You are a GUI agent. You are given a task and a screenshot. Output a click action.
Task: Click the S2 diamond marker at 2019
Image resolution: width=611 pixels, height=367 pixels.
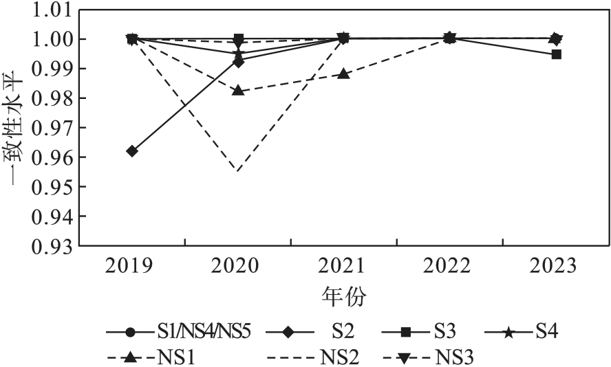tap(132, 151)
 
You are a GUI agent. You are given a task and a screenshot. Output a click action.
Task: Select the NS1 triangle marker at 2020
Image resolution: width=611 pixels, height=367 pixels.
tap(238, 91)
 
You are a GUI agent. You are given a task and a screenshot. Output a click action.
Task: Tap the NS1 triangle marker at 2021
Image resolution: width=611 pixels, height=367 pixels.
tap(344, 74)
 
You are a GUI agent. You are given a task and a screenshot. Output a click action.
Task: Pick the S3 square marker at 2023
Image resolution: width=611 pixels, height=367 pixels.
tap(556, 54)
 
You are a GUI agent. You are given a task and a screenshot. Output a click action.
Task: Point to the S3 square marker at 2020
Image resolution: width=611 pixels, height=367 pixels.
tap(238, 38)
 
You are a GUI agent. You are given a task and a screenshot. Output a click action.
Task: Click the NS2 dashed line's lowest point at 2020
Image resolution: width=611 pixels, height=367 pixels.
tap(238, 171)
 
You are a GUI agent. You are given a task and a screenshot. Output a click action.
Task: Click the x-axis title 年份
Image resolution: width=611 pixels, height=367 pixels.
tap(344, 298)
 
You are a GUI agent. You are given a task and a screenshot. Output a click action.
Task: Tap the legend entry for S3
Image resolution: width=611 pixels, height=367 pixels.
tap(447, 333)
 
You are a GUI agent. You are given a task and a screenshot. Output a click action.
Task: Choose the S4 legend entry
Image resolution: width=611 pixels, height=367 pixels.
tap(547, 333)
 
